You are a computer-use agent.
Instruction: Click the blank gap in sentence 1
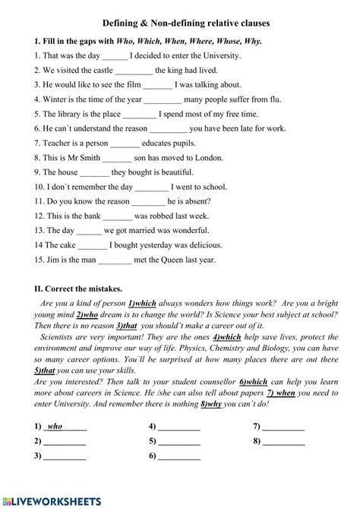coord(115,57)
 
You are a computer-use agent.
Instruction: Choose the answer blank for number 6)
coord(179,456)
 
